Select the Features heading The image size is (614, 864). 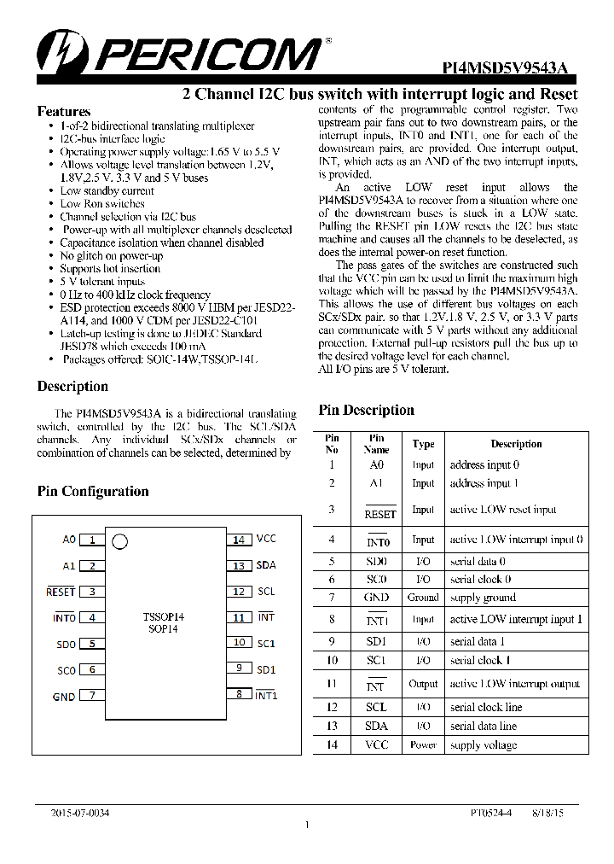coord(64,112)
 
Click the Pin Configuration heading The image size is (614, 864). coord(93,491)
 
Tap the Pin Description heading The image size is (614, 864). coord(366,410)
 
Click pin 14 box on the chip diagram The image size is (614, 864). coord(239,540)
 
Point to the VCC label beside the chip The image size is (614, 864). coord(266,539)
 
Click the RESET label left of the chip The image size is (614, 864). coord(61,592)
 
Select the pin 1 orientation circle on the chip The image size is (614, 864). coord(120,540)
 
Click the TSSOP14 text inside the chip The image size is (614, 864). coord(164,616)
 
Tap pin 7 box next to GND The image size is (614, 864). coord(92,696)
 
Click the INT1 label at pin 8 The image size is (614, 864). coord(267,695)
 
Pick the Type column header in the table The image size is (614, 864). coord(423,444)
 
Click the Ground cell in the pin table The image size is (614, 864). coord(423,598)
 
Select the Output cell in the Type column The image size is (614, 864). coord(423,684)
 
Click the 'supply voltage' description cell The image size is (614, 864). coord(484,745)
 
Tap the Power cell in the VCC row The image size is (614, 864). coord(423,745)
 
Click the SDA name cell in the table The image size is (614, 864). coord(376,726)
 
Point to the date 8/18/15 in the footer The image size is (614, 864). coord(548,814)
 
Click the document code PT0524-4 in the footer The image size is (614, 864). coord(491,814)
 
